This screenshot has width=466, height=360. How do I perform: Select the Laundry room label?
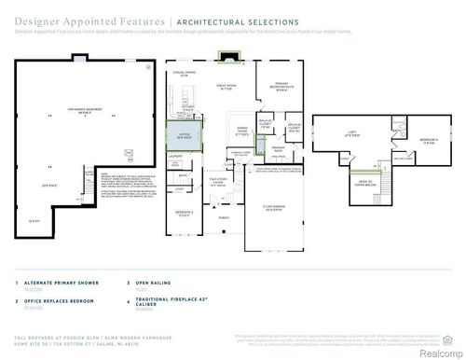[175, 158]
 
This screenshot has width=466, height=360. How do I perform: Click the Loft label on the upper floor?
[352, 133]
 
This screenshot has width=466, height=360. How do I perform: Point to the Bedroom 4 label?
[428, 140]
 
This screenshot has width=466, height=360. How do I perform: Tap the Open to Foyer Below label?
[363, 183]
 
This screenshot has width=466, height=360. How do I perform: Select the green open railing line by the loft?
[380, 168]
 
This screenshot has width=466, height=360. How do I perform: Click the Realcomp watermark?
[435, 352]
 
